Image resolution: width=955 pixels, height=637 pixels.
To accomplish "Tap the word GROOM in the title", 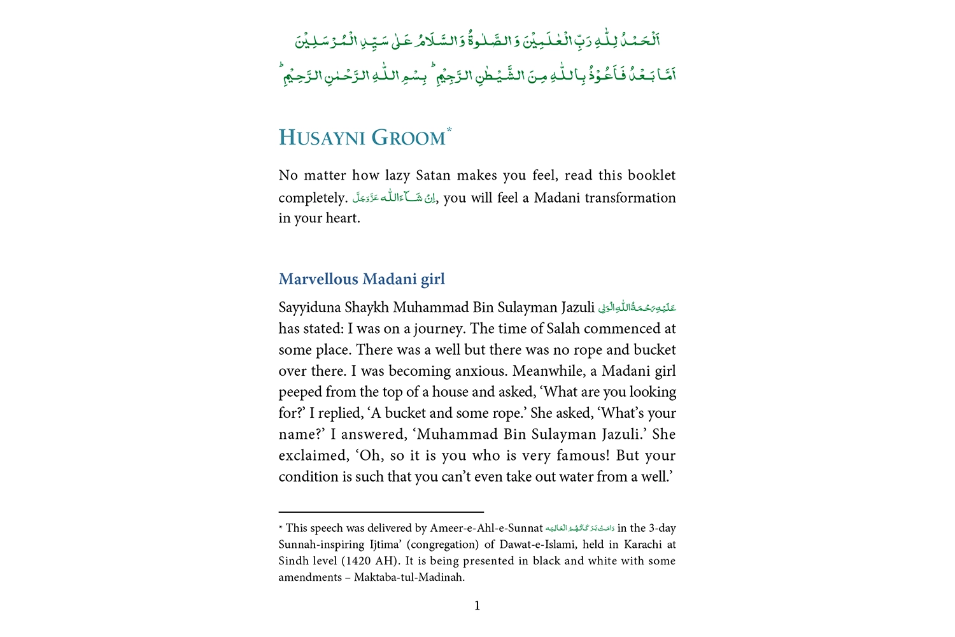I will point(408,138).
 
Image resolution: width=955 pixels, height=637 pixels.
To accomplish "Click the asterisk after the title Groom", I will point(449,130).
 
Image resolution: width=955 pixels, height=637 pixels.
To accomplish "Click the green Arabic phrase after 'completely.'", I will point(394,198).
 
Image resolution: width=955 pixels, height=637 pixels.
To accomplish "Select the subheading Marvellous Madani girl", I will point(362,279).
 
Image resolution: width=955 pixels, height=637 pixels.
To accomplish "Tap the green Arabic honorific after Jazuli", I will point(637,308).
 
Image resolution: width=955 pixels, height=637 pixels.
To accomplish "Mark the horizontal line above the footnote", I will point(381,512).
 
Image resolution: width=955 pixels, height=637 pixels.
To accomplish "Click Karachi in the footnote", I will point(643,545).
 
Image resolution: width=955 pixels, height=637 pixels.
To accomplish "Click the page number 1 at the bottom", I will point(478,606).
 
